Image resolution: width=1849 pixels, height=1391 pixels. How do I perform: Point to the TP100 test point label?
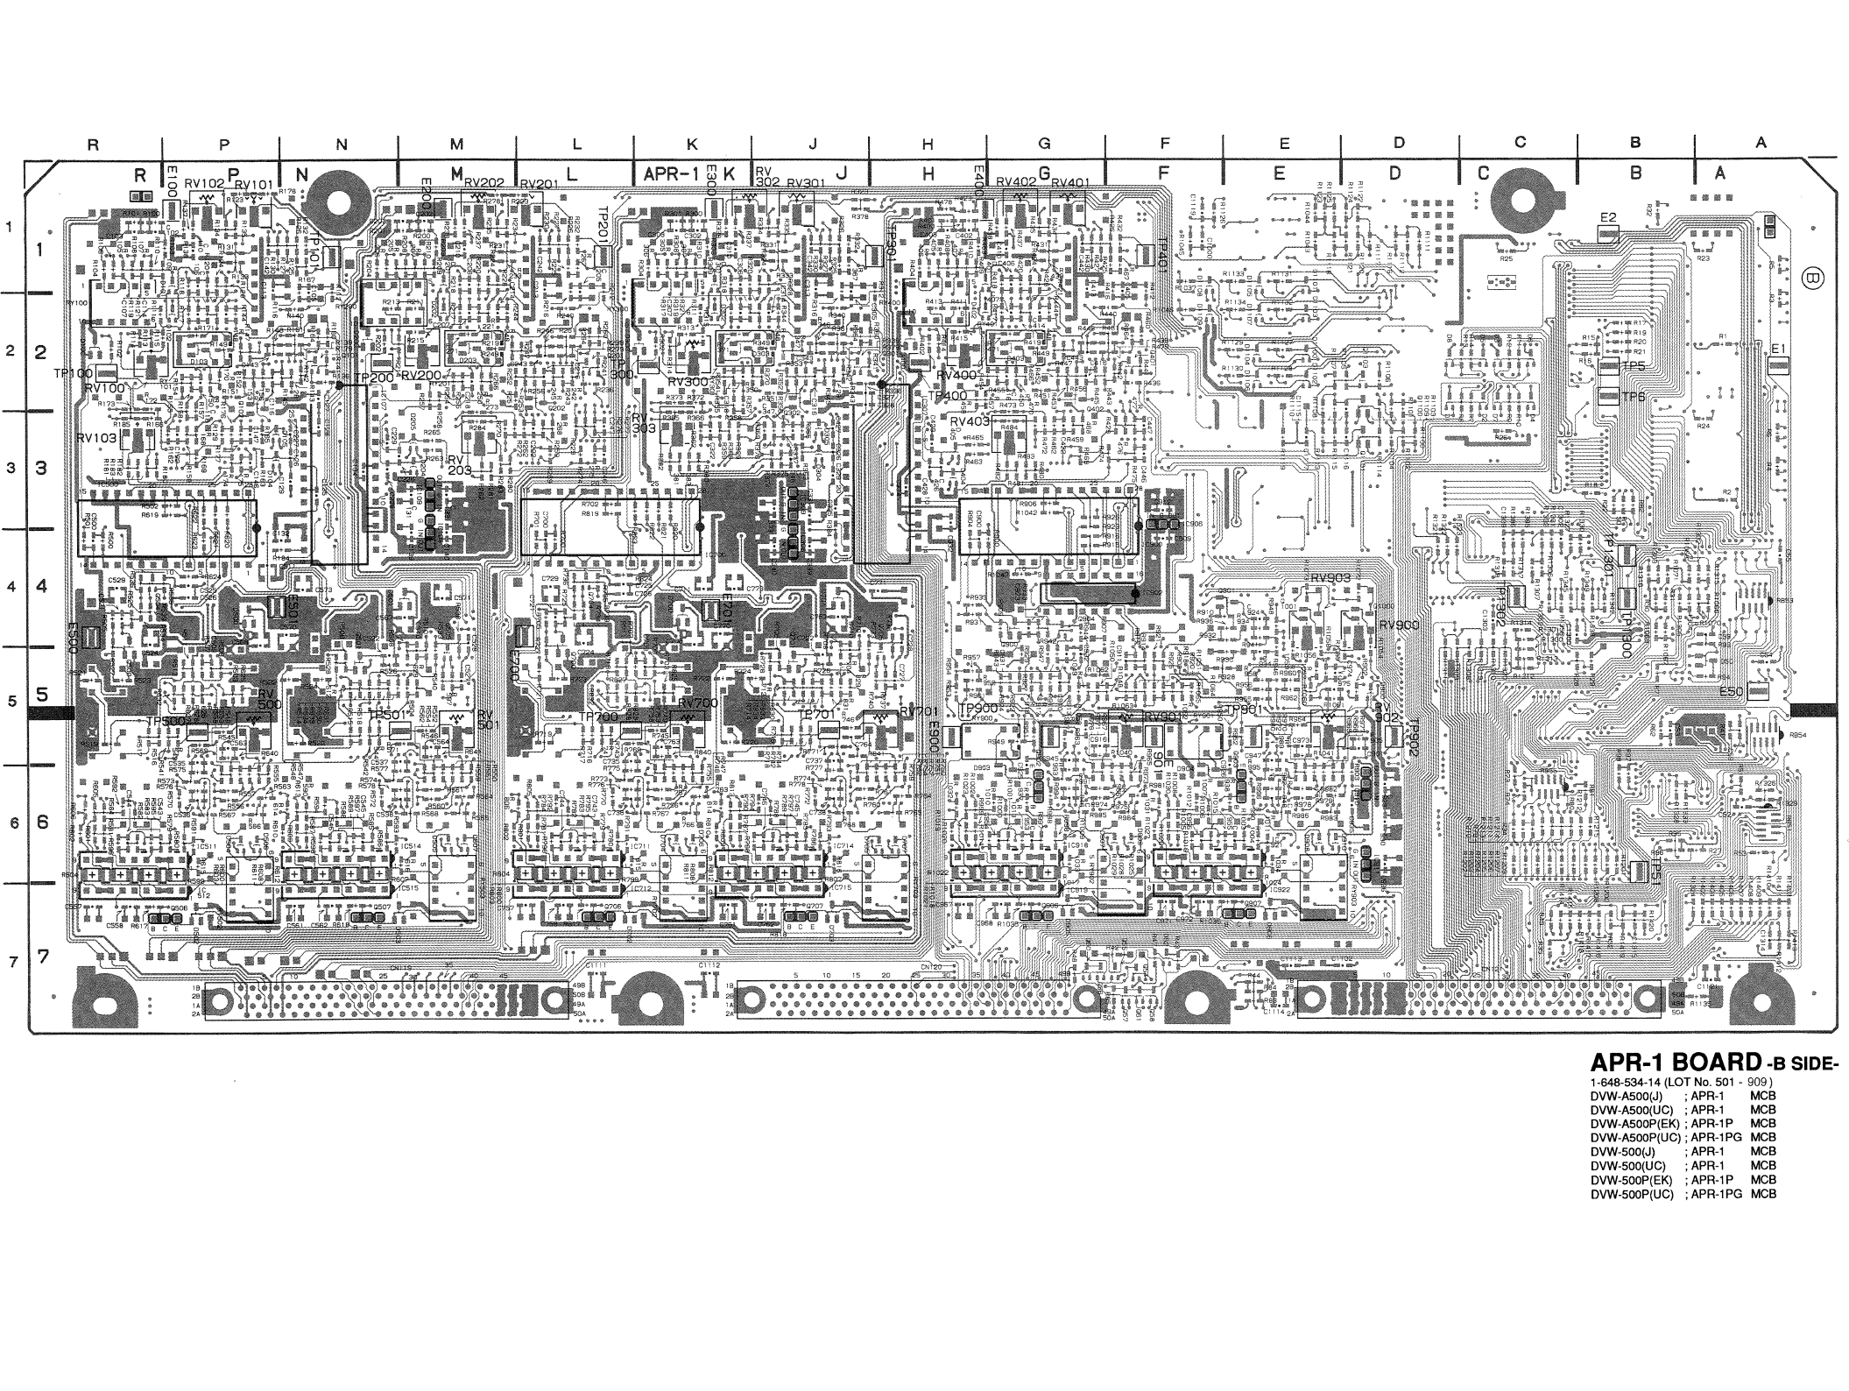tap(73, 373)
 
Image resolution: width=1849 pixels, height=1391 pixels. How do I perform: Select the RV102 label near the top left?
tap(204, 184)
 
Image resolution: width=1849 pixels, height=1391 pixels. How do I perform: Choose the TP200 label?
tap(373, 378)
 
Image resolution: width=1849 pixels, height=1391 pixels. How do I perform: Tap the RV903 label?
tap(1330, 578)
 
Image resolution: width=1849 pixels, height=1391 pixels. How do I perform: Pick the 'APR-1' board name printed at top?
tap(670, 174)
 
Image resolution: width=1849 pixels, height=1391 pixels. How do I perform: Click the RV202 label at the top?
tap(483, 183)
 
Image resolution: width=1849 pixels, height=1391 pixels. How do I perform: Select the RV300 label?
tap(688, 383)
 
